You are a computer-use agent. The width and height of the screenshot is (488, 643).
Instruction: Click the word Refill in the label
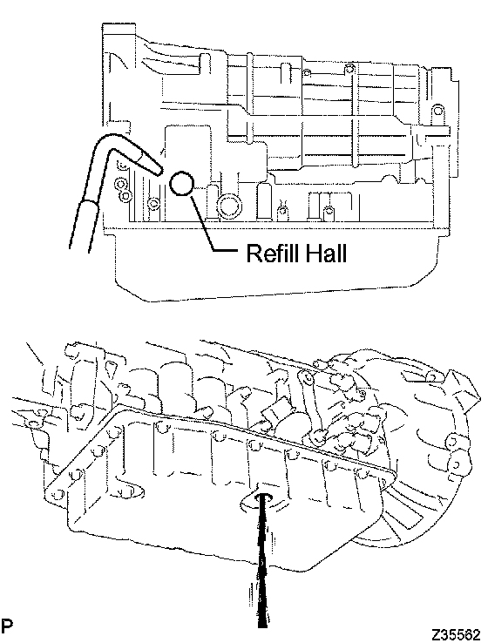(x=273, y=253)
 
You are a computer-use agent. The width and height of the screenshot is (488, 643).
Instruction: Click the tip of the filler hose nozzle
(x=160, y=173)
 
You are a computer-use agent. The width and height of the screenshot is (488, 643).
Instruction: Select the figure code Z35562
(x=455, y=634)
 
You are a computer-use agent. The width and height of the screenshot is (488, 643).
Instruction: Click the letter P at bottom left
(x=7, y=626)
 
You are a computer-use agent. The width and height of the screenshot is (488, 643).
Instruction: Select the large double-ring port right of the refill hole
(x=230, y=206)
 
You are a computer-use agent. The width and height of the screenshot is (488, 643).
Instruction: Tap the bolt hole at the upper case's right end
(x=438, y=111)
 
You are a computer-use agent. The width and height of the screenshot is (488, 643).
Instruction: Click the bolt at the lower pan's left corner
(x=58, y=495)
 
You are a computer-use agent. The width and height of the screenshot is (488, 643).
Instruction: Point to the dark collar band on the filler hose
(x=90, y=204)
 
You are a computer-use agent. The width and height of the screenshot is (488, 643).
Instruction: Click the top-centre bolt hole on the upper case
(x=349, y=68)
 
